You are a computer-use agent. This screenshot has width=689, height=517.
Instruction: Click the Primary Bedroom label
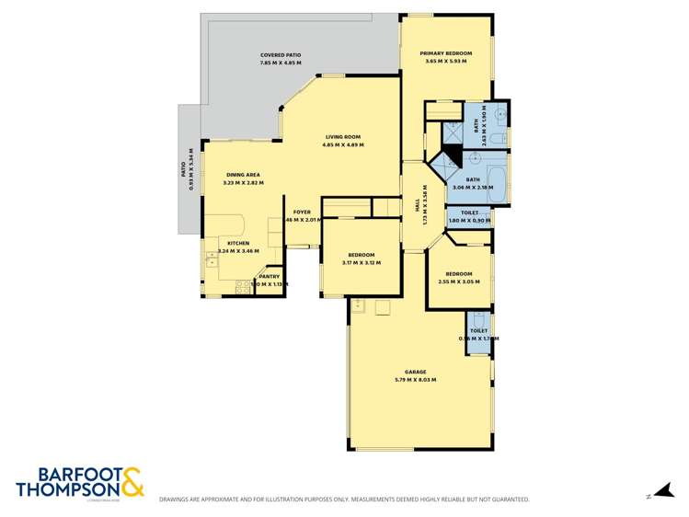click(445, 53)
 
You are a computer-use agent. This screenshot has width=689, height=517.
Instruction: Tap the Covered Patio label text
click(281, 55)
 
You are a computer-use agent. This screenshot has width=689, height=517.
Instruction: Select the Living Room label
click(342, 137)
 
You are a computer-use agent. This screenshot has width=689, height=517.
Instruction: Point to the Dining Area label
click(242, 175)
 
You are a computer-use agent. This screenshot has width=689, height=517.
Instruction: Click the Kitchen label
click(238, 244)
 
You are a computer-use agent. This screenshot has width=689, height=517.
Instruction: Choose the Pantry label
click(269, 276)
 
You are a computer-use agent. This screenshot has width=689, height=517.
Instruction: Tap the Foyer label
click(302, 213)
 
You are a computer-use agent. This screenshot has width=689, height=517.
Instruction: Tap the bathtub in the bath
click(496, 185)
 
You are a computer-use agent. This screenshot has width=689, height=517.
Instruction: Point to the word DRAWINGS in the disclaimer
click(177, 500)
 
